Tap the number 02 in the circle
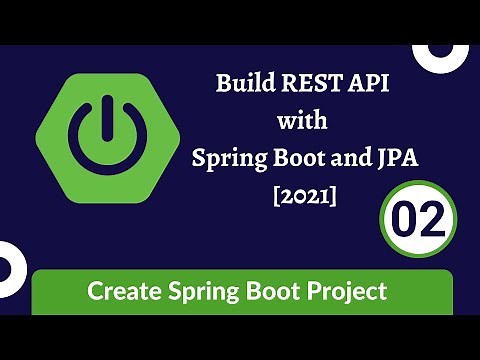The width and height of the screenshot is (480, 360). [x=418, y=216]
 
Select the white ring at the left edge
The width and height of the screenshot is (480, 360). [x=7, y=264]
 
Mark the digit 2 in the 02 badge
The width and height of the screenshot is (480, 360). [x=433, y=216]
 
